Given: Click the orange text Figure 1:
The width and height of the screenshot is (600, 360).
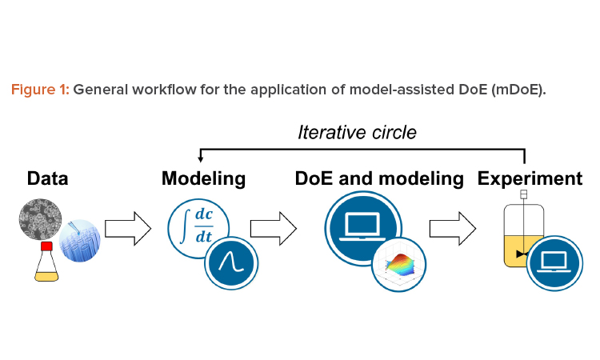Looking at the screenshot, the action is [40, 90].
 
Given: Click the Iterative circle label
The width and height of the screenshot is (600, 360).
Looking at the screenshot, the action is [357, 132].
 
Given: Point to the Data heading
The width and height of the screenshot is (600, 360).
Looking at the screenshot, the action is [47, 178].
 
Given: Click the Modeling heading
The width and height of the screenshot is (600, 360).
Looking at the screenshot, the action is [203, 178].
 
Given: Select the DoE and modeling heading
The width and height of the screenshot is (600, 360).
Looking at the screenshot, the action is [379, 178].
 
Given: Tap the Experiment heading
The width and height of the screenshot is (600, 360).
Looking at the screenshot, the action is [530, 178].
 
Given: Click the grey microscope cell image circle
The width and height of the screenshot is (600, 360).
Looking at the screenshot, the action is [40, 219].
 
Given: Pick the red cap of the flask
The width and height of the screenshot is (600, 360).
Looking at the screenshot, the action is [46, 246].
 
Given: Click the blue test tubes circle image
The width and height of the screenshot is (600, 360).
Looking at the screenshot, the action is [79, 241].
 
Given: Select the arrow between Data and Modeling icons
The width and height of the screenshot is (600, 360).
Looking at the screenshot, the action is [128, 228].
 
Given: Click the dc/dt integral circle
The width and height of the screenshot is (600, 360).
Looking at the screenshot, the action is [198, 228].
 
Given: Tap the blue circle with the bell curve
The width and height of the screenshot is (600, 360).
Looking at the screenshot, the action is [231, 263].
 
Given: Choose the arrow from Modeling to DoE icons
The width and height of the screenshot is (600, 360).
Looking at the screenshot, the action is [274, 228].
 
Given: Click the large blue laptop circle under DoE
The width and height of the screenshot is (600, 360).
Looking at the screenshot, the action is [363, 229].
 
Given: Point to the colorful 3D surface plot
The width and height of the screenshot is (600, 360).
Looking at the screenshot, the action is [399, 264].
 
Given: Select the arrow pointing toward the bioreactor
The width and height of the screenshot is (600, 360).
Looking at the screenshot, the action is [453, 228].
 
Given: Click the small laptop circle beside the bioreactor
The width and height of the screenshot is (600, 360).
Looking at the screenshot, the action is [554, 263].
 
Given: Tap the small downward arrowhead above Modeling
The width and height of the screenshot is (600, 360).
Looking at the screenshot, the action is [200, 158].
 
